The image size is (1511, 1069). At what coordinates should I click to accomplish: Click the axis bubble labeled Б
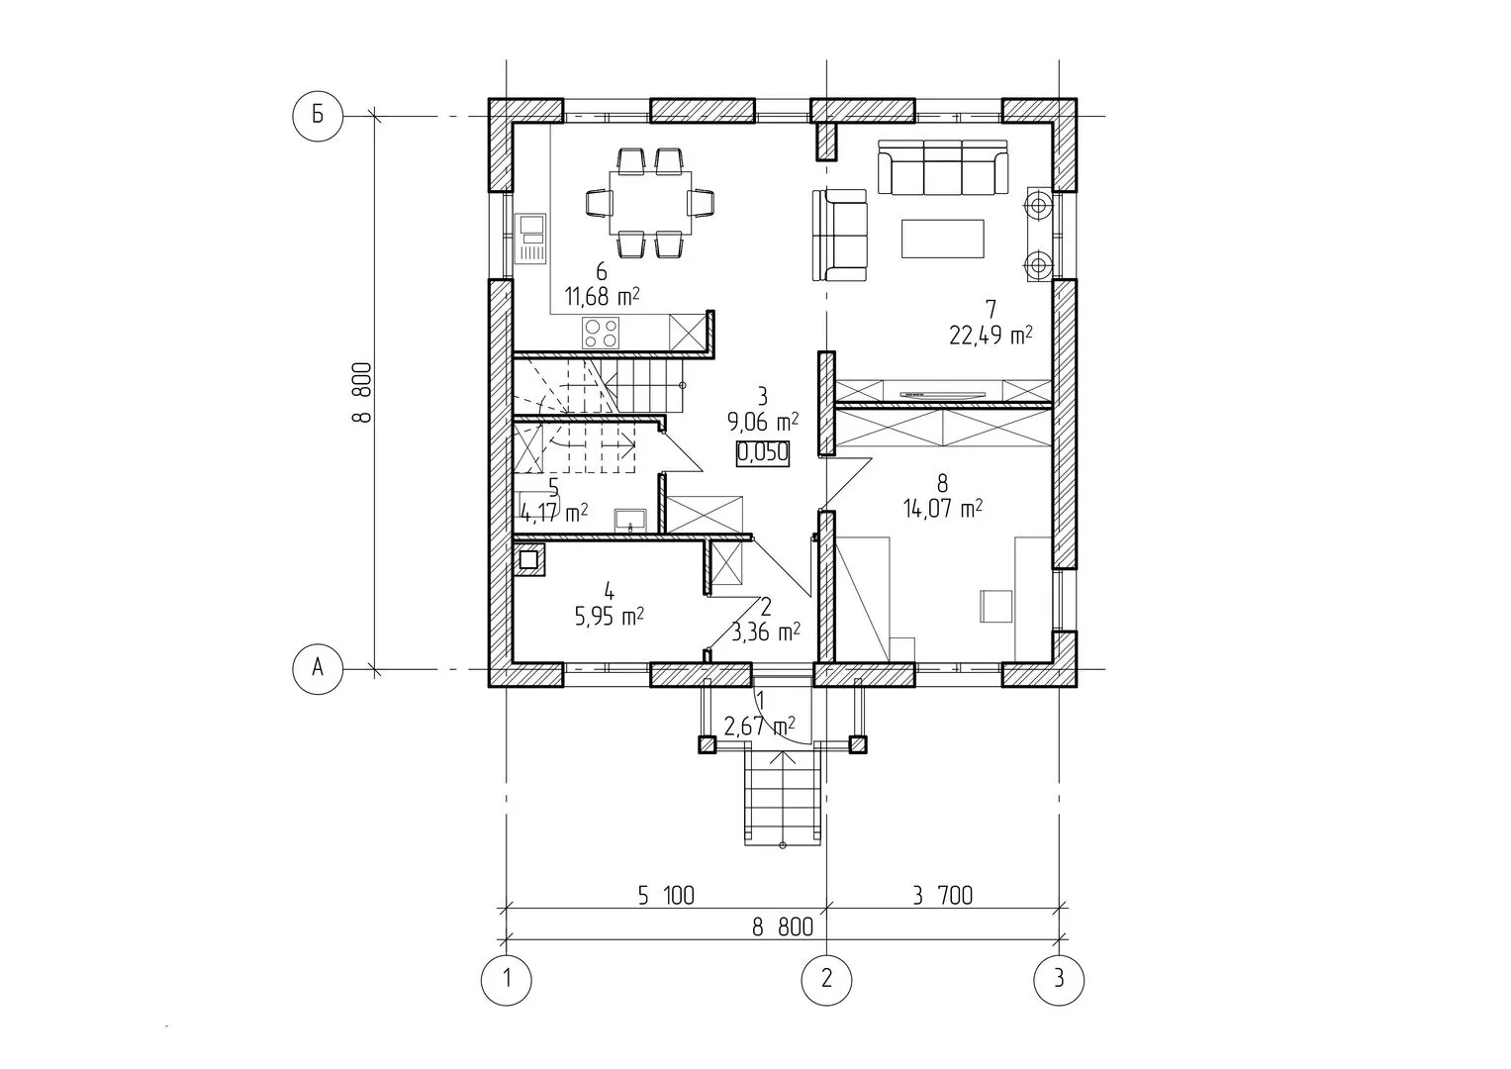coord(318,116)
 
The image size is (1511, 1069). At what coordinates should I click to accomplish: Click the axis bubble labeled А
coord(318,669)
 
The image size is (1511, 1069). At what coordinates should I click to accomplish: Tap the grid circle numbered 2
coord(826,979)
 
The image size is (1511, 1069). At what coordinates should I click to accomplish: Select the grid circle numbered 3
coord(1059,979)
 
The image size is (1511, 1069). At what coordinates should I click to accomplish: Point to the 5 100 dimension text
coord(666,896)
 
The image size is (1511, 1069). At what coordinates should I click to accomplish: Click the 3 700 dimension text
coord(943,896)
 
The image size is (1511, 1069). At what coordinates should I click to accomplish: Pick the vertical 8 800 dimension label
coord(361,392)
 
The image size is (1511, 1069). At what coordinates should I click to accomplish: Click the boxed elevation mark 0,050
coord(762,452)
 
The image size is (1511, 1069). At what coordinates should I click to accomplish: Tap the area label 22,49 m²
coord(991,335)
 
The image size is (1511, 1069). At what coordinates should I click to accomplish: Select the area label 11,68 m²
coord(602,296)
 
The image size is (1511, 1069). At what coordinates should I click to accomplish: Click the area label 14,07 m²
coord(942,508)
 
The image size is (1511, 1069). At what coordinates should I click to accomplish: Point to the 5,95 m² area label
coord(609,616)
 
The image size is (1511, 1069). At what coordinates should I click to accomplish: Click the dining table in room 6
coord(651,203)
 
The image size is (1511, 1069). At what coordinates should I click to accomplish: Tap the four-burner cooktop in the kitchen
coord(601,333)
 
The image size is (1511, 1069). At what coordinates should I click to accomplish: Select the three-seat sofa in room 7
coord(943,167)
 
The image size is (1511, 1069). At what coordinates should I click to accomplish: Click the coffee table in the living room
coord(942,239)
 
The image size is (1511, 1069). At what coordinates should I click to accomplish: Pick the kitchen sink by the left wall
coord(530,239)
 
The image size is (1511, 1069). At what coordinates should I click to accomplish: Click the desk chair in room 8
coord(996,606)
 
